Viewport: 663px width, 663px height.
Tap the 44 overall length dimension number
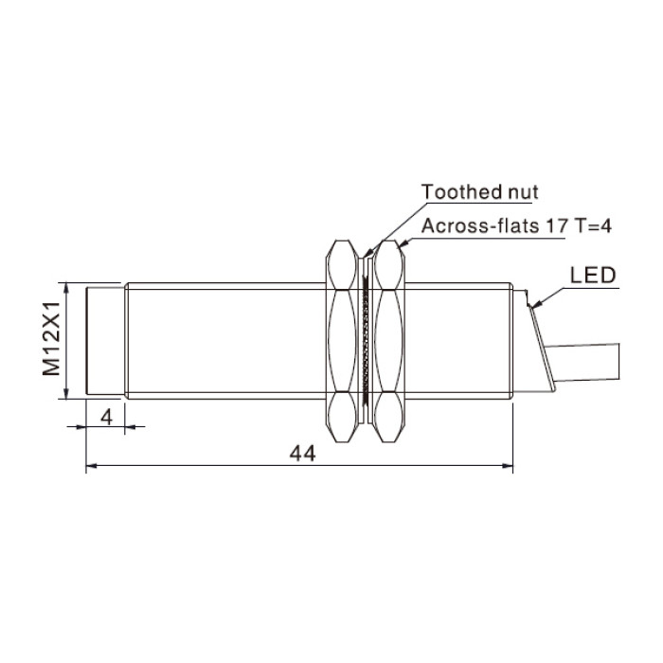coord(302,454)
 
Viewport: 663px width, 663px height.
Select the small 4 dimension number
coord(106,418)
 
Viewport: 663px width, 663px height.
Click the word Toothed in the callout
coord(455,192)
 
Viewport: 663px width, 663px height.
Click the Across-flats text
coord(480,225)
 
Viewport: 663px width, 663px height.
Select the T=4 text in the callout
coord(592,225)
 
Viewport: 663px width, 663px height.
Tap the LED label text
coord(593,276)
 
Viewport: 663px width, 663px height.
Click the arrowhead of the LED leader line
coord(535,304)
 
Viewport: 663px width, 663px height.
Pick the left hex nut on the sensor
coord(342,341)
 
